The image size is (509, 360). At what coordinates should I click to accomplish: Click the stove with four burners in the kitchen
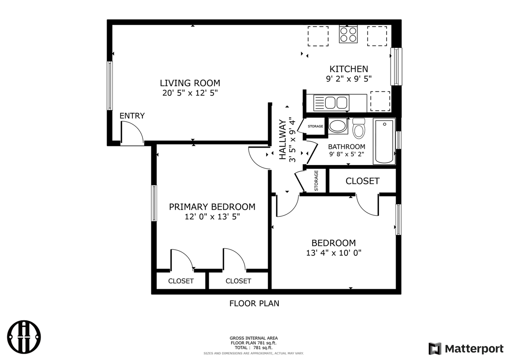pos(348,34)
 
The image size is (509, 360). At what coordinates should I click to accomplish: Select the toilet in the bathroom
pos(359,128)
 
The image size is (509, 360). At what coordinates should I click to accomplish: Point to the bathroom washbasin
pos(338,126)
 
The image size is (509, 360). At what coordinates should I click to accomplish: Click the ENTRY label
pos(132,116)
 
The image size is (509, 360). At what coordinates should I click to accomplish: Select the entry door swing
pos(132,133)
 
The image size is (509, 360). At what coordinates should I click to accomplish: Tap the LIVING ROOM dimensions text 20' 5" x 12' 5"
pos(190,93)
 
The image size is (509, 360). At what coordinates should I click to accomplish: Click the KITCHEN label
pos(349,69)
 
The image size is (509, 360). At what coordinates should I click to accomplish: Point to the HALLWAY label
pos(283,139)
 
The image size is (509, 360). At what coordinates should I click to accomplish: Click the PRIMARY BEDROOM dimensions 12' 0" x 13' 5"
pos(212,217)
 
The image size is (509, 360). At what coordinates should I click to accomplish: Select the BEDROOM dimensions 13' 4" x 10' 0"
pos(334,253)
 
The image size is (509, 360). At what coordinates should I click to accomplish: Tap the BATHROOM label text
pos(346,146)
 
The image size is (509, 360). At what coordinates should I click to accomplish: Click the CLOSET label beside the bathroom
pos(362,181)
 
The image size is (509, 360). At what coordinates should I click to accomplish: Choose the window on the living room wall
pos(110,86)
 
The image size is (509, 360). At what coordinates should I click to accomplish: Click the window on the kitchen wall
pos(396,66)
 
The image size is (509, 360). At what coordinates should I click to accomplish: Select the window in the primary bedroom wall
pos(154,203)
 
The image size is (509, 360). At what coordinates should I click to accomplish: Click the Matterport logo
pos(466,348)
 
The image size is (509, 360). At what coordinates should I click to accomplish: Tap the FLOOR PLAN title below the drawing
pos(254,304)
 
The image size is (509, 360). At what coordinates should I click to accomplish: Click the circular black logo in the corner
pos(25,336)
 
